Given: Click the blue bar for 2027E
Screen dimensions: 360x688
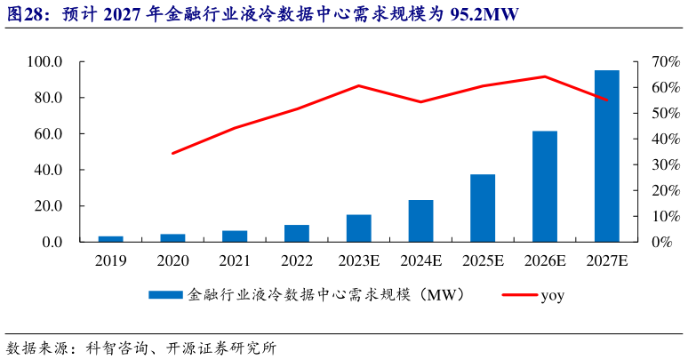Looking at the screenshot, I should pyautogui.click(x=607, y=156).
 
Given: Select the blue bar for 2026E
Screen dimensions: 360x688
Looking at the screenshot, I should pyautogui.click(x=545, y=186).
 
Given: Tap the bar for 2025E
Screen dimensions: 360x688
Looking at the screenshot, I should pyautogui.click(x=483, y=207).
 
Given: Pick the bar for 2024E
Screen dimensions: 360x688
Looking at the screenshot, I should pyautogui.click(x=420, y=220).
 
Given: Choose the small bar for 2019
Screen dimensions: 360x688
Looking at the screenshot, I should pyautogui.click(x=110, y=238).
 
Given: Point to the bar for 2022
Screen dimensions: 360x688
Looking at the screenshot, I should pyautogui.click(x=297, y=233).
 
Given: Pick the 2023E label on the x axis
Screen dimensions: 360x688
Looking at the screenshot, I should pyautogui.click(x=358, y=260).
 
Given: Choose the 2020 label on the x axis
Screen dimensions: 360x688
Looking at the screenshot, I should pyautogui.click(x=172, y=260).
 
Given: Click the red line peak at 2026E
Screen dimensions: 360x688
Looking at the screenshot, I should pyautogui.click(x=545, y=76).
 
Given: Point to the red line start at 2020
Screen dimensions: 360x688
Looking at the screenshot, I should pyautogui.click(x=172, y=154).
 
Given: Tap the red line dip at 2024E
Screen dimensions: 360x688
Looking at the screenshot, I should pyautogui.click(x=420, y=102).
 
